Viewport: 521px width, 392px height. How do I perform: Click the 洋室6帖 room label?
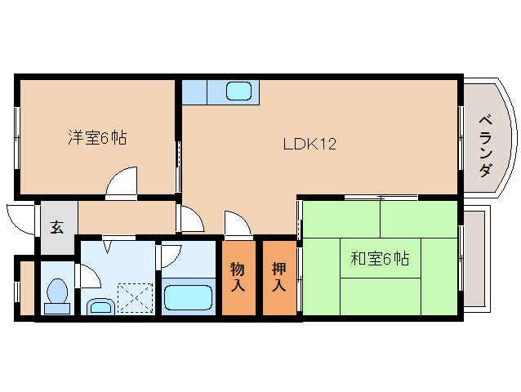tap(96, 138)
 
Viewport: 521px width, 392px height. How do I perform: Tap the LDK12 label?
tap(309, 145)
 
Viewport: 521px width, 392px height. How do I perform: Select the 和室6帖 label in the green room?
tap(380, 260)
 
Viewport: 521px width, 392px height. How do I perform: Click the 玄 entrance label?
tap(57, 227)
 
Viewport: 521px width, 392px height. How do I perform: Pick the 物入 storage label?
tap(238, 276)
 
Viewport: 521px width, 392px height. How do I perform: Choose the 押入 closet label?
tap(278, 276)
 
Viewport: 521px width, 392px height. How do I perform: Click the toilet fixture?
tap(57, 296)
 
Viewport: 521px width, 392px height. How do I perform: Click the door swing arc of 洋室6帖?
tap(122, 182)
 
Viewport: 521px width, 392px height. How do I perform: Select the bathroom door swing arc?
tap(171, 256)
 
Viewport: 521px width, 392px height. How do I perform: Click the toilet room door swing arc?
tap(88, 275)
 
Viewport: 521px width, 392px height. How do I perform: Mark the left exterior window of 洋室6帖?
tap(16, 137)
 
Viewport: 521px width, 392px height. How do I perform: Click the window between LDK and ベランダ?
tap(461, 137)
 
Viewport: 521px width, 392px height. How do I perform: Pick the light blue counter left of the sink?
tap(194, 91)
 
